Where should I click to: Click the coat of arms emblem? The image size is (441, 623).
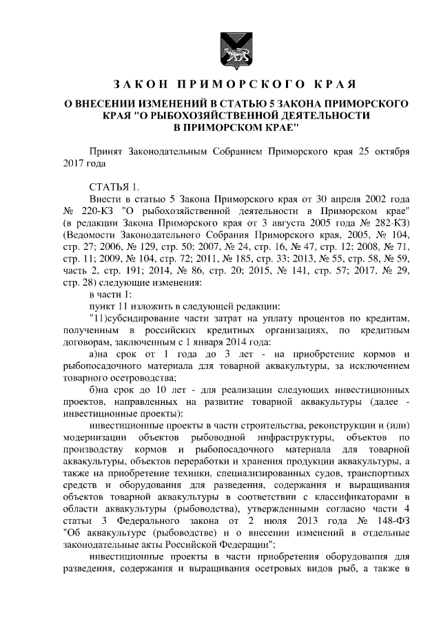230,50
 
